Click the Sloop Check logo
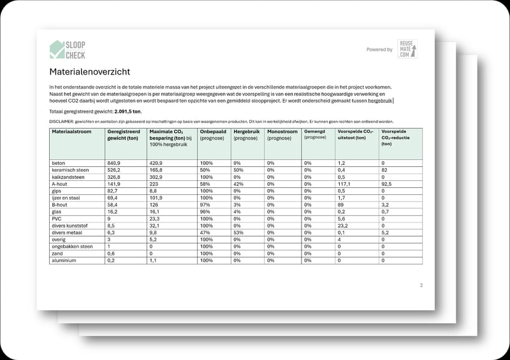coord(68,50)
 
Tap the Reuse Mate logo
coord(407,49)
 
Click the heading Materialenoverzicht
coord(90,72)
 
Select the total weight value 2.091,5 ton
coord(125,112)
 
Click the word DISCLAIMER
coord(61,121)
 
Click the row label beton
coord(58,163)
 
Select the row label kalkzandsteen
coord(67,177)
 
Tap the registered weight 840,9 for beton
coord(114,163)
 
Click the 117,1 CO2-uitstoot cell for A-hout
coord(346,184)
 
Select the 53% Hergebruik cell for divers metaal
coord(238,233)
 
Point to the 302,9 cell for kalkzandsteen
coord(156,177)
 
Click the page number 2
coord(421,285)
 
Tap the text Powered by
coord(379,49)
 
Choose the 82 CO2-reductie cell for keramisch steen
coord(384,170)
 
